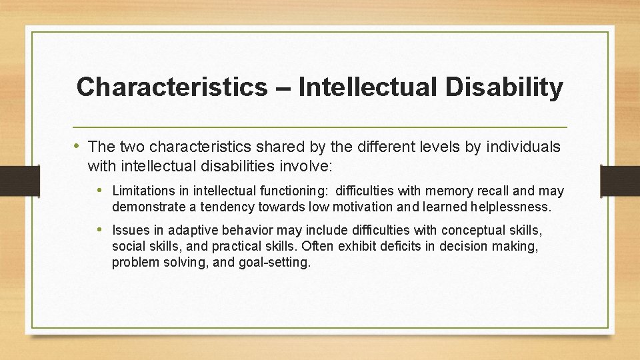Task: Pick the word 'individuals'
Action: click(x=521, y=147)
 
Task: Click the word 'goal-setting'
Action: click(x=275, y=262)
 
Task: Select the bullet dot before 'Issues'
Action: click(x=103, y=231)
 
